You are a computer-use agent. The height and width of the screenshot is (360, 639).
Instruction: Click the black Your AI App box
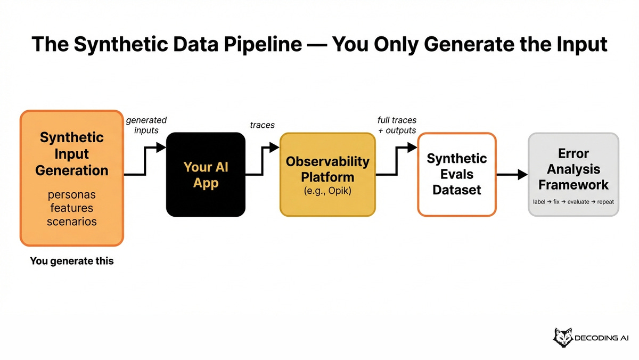(206, 175)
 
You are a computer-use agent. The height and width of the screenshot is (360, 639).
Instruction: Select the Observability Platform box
(327, 175)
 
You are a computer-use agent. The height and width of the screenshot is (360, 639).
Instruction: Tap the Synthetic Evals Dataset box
(456, 175)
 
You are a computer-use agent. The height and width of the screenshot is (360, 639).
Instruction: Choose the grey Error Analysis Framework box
(573, 175)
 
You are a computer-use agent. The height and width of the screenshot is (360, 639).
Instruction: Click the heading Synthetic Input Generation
(71, 154)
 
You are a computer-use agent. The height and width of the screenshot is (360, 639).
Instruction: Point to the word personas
(71, 194)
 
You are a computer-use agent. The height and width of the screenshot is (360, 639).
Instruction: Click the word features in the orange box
(71, 208)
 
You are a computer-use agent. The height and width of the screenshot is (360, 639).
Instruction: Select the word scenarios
(71, 221)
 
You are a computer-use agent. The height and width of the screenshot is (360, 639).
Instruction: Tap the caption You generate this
(72, 261)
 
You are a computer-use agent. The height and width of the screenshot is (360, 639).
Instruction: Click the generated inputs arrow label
(146, 125)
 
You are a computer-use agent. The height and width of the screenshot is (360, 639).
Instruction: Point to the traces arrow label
(262, 125)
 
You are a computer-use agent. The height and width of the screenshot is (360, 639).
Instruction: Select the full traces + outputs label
(396, 125)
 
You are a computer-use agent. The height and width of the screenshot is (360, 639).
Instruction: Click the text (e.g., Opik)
(327, 191)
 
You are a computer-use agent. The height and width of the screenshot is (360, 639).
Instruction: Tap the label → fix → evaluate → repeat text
(573, 202)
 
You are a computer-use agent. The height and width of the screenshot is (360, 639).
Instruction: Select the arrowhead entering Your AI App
(161, 148)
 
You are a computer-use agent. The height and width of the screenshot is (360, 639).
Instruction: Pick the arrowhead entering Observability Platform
(274, 148)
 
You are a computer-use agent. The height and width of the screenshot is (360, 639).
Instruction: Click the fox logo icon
(564, 338)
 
